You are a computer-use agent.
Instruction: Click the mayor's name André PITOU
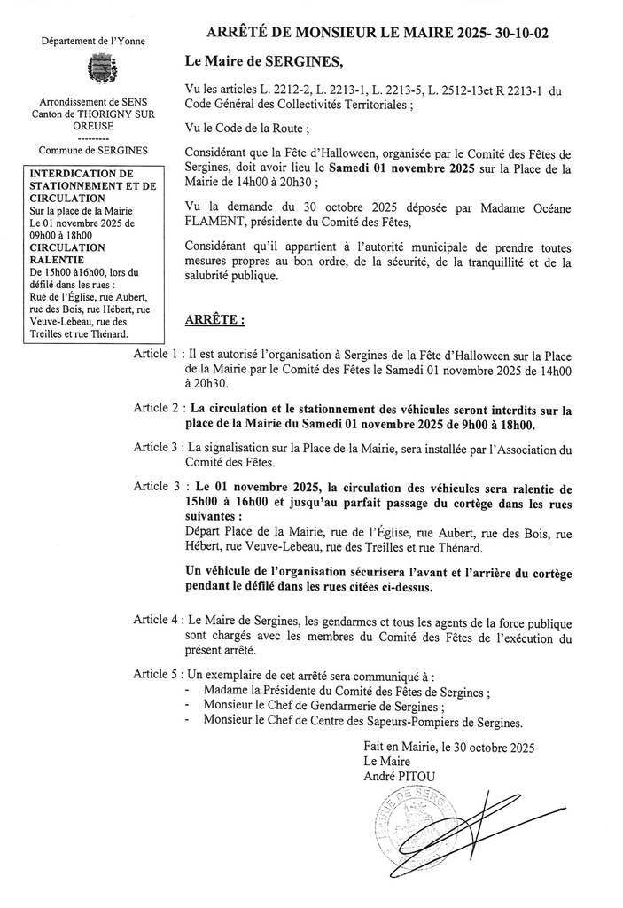400,777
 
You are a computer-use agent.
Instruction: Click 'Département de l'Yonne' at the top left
93,41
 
